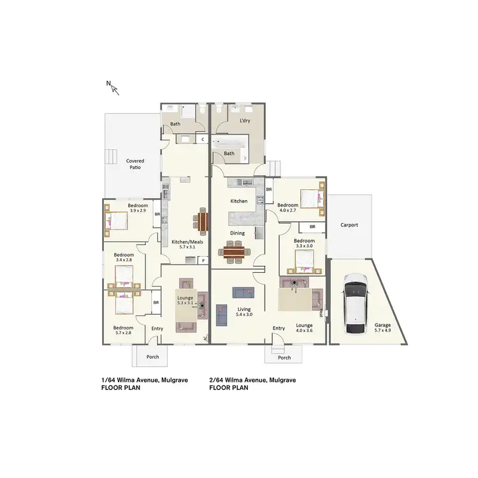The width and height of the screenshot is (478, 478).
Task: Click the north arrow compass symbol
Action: tap(113, 86)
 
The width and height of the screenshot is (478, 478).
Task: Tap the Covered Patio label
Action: tap(134, 164)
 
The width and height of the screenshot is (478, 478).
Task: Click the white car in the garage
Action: tap(354, 304)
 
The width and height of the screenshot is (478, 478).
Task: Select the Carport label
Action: tap(349, 225)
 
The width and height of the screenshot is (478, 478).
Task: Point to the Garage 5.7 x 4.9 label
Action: tap(382, 328)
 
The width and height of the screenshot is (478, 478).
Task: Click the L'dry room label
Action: tap(244, 121)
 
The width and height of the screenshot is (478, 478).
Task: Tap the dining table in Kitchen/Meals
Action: tap(203, 221)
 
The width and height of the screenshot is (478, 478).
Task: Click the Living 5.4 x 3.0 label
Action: tap(244, 312)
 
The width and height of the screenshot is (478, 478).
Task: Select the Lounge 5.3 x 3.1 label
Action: tap(185, 301)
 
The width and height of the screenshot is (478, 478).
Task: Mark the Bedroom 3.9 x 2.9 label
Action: tap(138, 208)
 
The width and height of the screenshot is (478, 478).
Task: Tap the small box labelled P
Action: tap(203, 259)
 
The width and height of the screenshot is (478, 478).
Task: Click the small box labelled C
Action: tap(202, 138)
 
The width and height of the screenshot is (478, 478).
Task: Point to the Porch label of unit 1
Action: tap(153, 357)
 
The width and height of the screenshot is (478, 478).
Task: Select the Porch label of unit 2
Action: tap(284, 358)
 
